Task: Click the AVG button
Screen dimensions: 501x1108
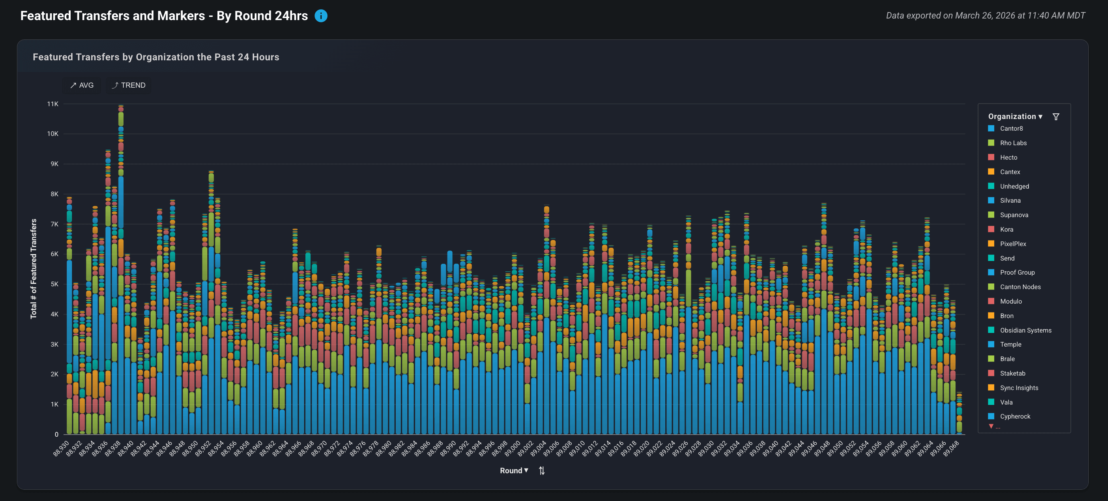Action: (82, 85)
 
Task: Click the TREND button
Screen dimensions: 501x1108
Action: (129, 85)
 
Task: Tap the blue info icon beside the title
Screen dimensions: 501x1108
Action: (321, 16)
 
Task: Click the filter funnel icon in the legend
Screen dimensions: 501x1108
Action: (1055, 117)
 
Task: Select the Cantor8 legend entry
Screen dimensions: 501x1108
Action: (1011, 129)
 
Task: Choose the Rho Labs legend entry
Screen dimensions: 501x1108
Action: (1012, 143)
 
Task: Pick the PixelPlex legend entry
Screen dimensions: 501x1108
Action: (1012, 244)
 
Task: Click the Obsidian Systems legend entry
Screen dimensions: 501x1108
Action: (1025, 330)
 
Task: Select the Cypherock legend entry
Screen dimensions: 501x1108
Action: (1015, 416)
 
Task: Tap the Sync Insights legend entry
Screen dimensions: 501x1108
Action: (1018, 388)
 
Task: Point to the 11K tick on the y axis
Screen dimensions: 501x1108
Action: (53, 104)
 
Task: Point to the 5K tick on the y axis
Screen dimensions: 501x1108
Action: (54, 284)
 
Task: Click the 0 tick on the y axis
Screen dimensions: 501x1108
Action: (56, 434)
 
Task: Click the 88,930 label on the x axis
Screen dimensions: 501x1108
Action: (61, 448)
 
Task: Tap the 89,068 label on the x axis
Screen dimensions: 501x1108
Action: (951, 448)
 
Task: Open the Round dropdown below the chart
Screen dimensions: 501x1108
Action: (513, 470)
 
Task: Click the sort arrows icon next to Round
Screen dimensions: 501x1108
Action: (542, 470)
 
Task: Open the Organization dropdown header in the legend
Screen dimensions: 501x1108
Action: (1015, 117)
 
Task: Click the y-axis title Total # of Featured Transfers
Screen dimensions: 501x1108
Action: (34, 269)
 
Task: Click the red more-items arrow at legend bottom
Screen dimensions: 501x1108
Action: (991, 426)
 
